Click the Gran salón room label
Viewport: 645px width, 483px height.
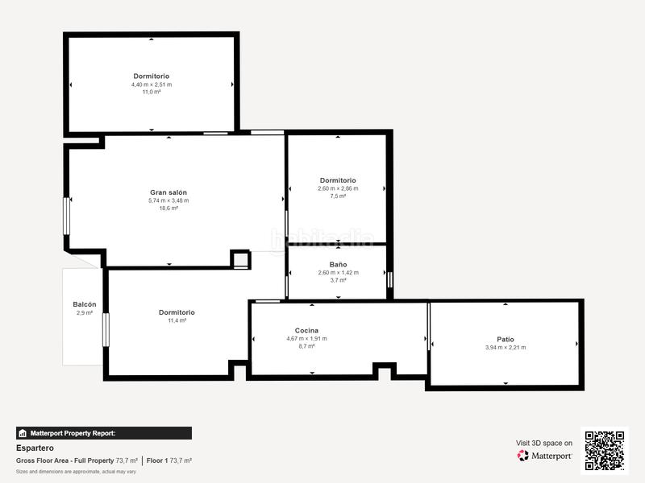[x=169, y=192]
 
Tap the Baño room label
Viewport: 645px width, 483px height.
[x=338, y=264]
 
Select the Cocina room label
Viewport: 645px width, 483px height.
[x=306, y=330]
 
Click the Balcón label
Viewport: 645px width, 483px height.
[x=84, y=304]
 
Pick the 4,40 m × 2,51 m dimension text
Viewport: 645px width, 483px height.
[x=152, y=85]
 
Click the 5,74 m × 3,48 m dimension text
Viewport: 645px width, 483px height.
[x=169, y=200]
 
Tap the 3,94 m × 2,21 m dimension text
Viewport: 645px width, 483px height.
[x=506, y=348]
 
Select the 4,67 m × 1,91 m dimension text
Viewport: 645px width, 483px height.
[x=306, y=338]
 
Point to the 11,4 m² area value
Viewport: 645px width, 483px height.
[x=177, y=320]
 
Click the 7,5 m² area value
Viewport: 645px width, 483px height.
[x=338, y=196]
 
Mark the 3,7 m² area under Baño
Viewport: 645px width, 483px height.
[x=338, y=280]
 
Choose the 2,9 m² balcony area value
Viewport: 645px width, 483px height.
[x=84, y=312]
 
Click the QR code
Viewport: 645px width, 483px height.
[x=605, y=449]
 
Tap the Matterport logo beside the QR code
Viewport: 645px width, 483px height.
[x=545, y=456]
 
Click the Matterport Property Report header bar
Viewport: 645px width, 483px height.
[x=104, y=433]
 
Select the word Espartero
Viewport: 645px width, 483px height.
[x=35, y=448]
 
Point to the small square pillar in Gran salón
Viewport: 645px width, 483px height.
[x=240, y=259]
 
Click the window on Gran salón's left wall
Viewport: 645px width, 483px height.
[x=67, y=216]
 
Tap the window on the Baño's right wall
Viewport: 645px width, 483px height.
[x=389, y=279]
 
